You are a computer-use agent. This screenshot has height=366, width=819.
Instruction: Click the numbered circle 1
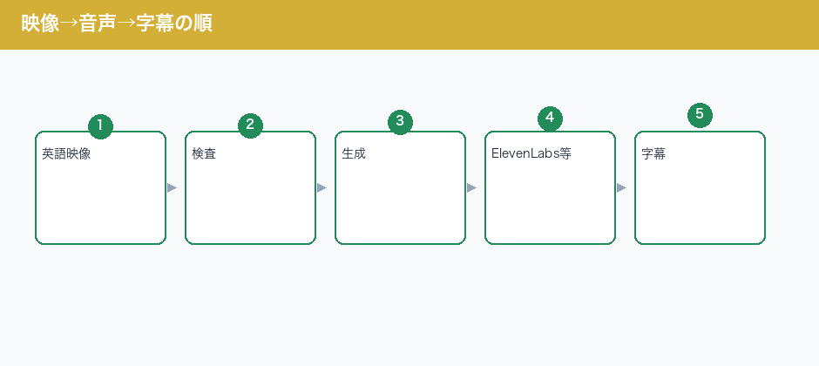tap(100, 126)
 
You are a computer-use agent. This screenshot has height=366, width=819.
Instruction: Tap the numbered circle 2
tap(250, 125)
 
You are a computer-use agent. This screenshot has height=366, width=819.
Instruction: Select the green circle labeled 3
tap(400, 122)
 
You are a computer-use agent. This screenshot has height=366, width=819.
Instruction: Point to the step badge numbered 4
tap(550, 119)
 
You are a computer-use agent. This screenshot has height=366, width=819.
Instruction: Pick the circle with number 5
tap(700, 115)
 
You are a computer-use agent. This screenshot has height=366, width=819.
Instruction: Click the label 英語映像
tap(66, 154)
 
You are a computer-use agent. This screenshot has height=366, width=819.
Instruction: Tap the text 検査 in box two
tap(204, 154)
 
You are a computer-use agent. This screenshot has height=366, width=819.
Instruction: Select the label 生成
tap(354, 154)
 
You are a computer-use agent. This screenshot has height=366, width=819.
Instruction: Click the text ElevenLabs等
tap(531, 153)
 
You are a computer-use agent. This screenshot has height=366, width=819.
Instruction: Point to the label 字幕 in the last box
tap(653, 154)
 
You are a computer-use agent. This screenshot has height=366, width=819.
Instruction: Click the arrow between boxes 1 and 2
tap(173, 188)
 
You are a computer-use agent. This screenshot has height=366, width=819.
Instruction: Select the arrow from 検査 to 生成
tap(322, 188)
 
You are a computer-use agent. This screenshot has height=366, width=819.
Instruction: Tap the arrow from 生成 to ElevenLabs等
tap(472, 188)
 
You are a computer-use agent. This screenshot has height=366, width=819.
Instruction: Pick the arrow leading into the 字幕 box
tap(622, 188)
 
